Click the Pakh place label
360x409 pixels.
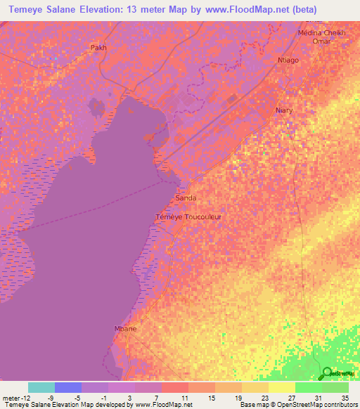pos(98,48)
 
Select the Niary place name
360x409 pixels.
pos(284,110)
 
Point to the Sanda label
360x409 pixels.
pos(186,198)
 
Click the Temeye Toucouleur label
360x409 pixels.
pos(188,217)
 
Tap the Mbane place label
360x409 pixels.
pos(124,328)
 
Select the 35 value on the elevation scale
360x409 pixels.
pos(345,397)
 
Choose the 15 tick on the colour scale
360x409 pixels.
pos(211,397)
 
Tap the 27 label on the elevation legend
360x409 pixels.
pos(291,397)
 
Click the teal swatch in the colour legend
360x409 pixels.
pos(41,387)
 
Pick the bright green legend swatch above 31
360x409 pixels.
pos(309,387)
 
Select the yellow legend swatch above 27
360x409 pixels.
pos(282,387)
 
